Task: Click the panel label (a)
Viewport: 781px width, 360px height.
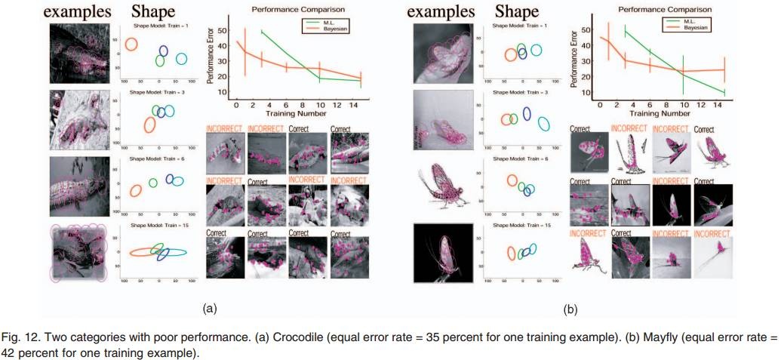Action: [210, 308]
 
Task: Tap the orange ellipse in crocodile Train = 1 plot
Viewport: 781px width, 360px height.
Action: [131, 44]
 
